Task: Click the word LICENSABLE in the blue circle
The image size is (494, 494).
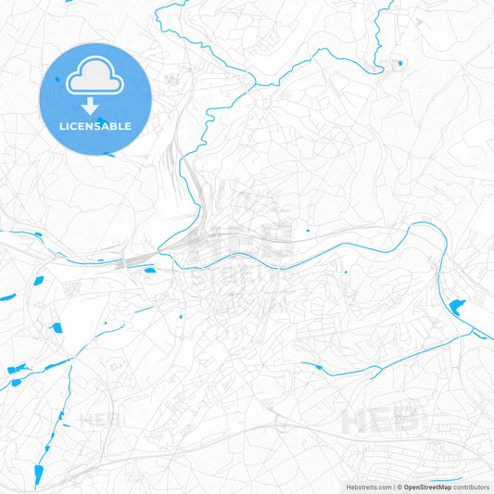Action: point(95,125)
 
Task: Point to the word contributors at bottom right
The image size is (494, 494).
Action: point(473,487)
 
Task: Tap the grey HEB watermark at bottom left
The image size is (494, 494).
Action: point(102,422)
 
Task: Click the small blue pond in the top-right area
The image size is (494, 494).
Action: point(400,63)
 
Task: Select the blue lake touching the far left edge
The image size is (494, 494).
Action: point(7,297)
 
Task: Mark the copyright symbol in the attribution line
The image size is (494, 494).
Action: point(400,487)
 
